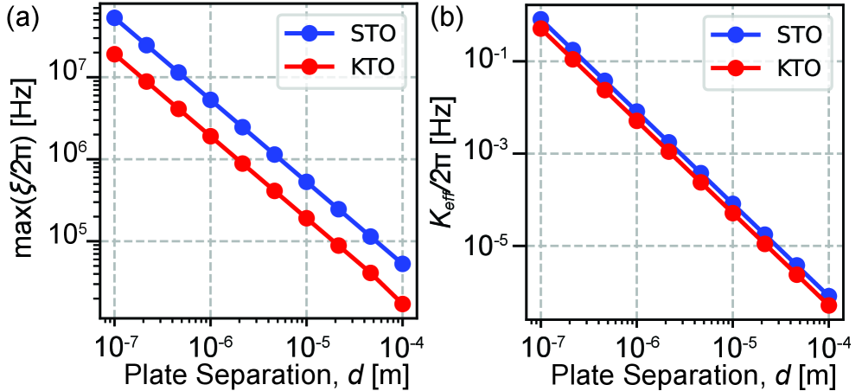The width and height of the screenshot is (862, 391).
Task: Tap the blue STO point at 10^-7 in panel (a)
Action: (x=114, y=17)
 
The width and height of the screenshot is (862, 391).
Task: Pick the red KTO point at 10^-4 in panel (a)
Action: (x=402, y=304)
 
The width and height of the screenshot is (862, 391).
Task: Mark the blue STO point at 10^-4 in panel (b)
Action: (x=828, y=296)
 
